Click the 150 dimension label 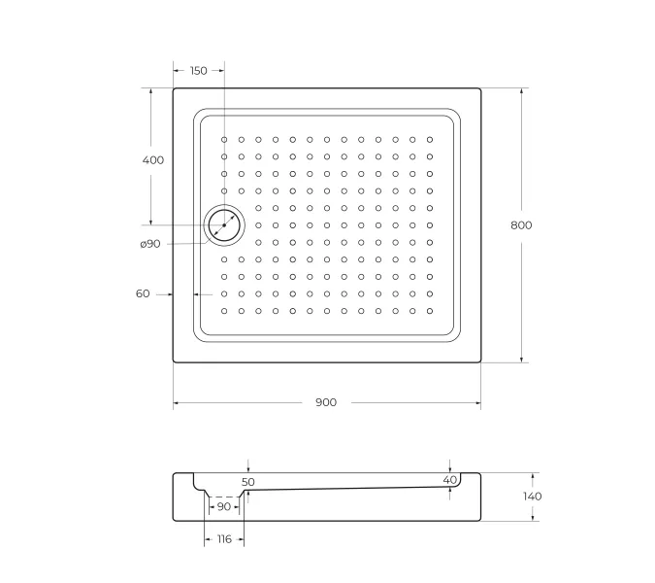point(198,70)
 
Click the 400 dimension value point(153,159)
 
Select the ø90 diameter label point(149,243)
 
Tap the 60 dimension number point(143,293)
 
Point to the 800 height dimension point(521,224)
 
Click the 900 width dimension point(326,402)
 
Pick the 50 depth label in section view point(248,481)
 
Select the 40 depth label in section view point(449,480)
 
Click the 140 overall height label point(532,496)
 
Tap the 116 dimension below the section point(223,538)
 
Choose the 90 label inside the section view point(224,506)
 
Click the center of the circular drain point(224,224)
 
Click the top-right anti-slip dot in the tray point(429,140)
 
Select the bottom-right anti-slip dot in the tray point(429,311)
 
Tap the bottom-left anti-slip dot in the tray point(224,311)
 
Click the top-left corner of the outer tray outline point(175,89)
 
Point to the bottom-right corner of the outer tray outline point(481,361)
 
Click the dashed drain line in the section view point(224,496)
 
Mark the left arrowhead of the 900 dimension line point(177,402)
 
